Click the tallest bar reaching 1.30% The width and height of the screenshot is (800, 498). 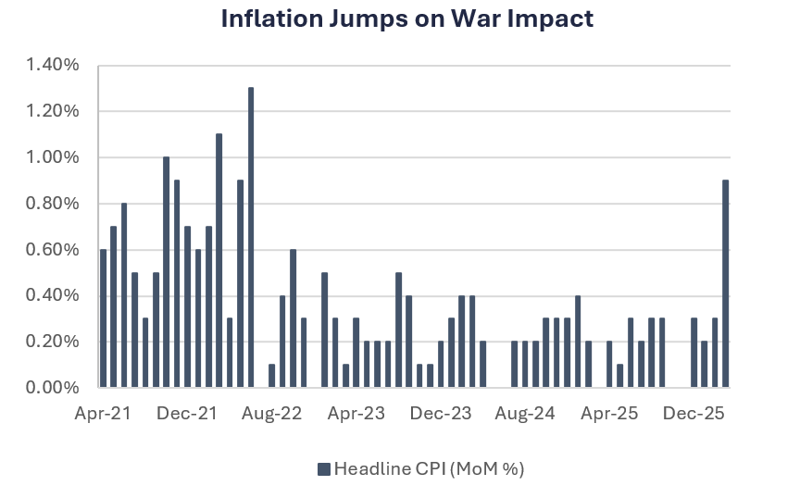pyautogui.click(x=251, y=237)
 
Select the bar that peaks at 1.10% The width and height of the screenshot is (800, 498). pyautogui.click(x=219, y=260)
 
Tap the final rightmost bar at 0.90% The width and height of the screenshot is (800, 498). pyautogui.click(x=725, y=283)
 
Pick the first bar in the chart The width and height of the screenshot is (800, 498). pyautogui.click(x=103, y=318)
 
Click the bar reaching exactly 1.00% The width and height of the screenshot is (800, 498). pyautogui.click(x=167, y=272)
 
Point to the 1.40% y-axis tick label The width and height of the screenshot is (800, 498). pyautogui.click(x=53, y=65)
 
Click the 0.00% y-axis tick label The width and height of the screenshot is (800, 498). pyautogui.click(x=53, y=388)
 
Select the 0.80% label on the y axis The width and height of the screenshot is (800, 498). pyautogui.click(x=53, y=204)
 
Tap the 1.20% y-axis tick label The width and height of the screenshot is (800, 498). pyautogui.click(x=53, y=111)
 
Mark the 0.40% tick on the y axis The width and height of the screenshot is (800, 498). pyautogui.click(x=53, y=296)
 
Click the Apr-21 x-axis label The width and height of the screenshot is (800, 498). pyautogui.click(x=102, y=414)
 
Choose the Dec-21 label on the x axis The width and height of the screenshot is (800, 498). pyautogui.click(x=187, y=414)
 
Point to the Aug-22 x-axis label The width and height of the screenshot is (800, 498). pyautogui.click(x=272, y=414)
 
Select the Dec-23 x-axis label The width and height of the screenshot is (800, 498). pyautogui.click(x=442, y=414)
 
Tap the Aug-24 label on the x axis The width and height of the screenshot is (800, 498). pyautogui.click(x=526, y=414)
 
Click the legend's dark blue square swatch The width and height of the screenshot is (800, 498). pyautogui.click(x=324, y=469)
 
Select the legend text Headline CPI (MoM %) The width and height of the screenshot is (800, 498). pyautogui.click(x=429, y=469)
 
